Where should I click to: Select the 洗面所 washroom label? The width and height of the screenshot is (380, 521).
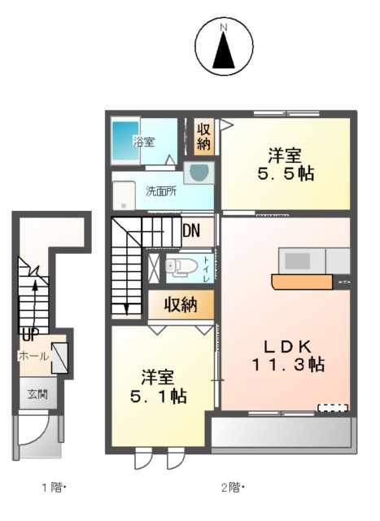point(161,192)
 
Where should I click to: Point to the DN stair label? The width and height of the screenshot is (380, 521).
point(191,230)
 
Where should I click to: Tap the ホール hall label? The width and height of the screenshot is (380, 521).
point(33,356)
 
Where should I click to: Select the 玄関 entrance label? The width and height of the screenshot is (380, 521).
point(37,394)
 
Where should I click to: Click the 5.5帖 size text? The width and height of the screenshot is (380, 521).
point(286,174)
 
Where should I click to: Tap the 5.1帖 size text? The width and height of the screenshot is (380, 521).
point(158,396)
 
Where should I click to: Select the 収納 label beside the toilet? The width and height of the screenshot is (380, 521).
point(181,304)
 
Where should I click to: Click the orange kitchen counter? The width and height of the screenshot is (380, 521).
point(302,282)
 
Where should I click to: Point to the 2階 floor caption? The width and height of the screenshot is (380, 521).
point(232,488)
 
